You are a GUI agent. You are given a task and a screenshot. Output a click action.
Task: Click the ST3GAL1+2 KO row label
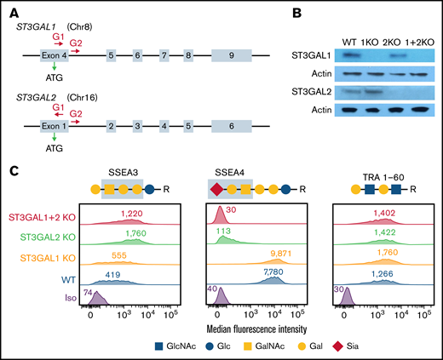tap(37, 219)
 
